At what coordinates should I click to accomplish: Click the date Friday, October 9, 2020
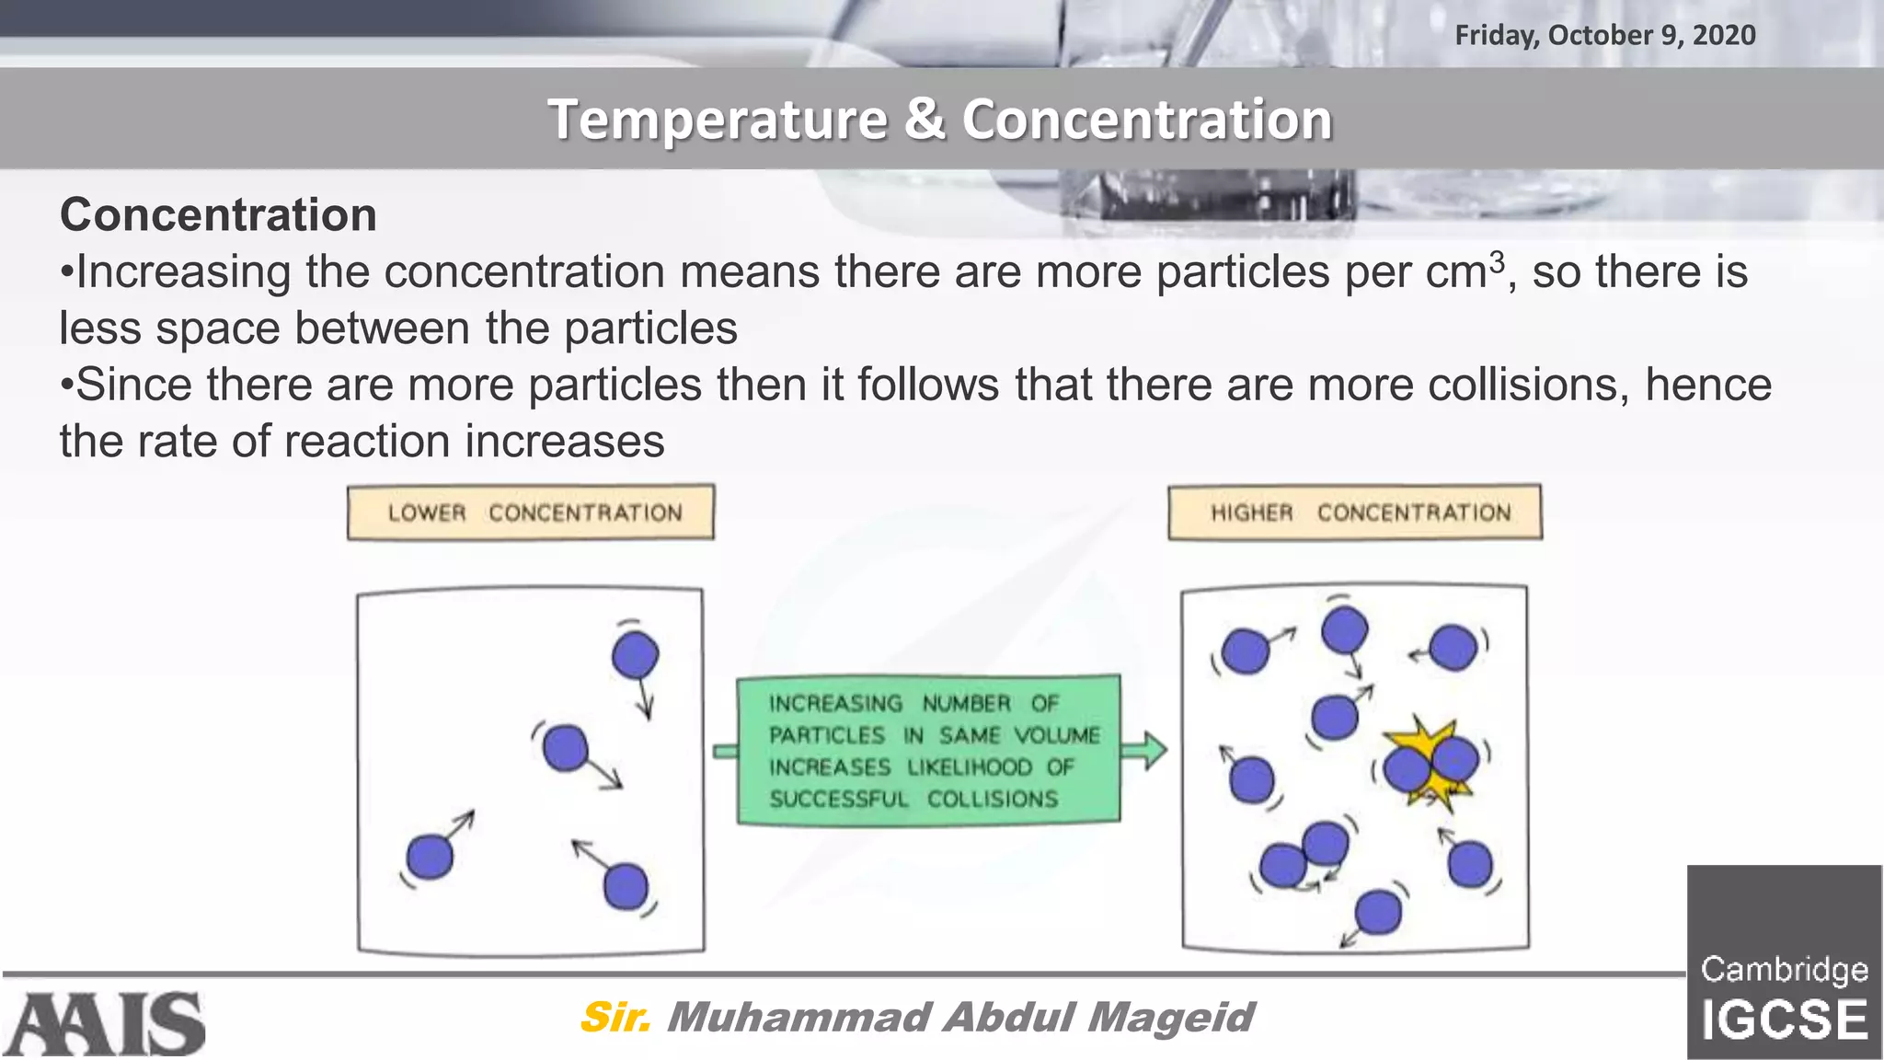[x=1604, y=35]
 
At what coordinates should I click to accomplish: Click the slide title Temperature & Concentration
[x=939, y=120]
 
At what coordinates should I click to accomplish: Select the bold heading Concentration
[x=218, y=214]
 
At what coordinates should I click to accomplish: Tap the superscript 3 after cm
[x=1497, y=261]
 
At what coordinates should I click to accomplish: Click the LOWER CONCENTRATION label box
[x=531, y=513]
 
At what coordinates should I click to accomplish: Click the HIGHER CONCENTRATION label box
[x=1354, y=513]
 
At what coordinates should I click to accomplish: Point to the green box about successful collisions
[x=928, y=750]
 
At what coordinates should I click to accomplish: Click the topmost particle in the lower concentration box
[x=635, y=655]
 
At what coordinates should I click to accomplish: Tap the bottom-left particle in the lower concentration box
[x=430, y=857]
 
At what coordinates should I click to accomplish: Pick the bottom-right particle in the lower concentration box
[x=626, y=886]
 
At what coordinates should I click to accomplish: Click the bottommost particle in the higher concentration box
[x=1378, y=912]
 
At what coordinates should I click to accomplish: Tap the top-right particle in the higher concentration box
[x=1453, y=647]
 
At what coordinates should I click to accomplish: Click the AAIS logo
[x=104, y=1023]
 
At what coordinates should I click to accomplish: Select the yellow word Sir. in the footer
[x=615, y=1017]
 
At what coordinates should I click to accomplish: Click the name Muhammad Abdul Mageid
[x=959, y=1017]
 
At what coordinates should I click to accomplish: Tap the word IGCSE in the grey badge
[x=1784, y=1020]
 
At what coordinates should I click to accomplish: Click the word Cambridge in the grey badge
[x=1784, y=969]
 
